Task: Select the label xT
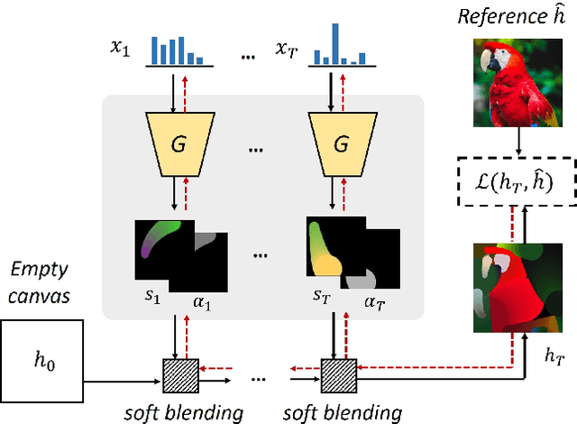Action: click(x=288, y=52)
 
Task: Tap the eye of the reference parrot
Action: click(x=491, y=57)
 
